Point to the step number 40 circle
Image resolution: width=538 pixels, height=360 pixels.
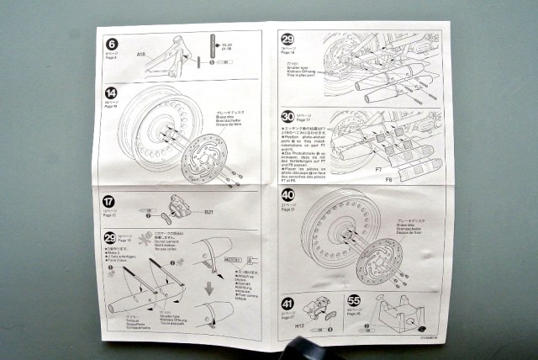(x=287, y=195)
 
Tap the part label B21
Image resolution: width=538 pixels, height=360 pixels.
(x=211, y=212)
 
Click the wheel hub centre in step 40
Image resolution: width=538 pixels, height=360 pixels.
(x=340, y=239)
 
